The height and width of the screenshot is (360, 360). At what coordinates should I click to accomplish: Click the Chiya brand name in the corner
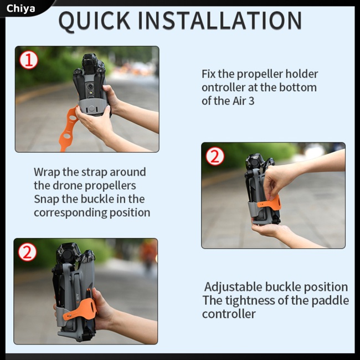point(20,9)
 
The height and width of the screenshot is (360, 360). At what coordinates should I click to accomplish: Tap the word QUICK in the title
point(94,21)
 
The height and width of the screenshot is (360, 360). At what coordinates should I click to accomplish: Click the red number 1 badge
point(29,60)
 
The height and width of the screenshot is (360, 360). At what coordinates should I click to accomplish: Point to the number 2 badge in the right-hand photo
point(215,156)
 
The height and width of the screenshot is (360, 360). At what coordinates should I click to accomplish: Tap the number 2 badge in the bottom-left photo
point(27,252)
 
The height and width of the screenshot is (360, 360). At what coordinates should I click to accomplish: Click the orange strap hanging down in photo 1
point(69,128)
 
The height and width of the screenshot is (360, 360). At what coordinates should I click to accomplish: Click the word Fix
point(209,74)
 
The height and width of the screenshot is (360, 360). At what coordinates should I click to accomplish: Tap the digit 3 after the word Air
point(251,101)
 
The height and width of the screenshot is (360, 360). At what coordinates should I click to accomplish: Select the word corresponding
point(70,213)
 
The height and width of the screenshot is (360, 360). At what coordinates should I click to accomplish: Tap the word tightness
point(250,301)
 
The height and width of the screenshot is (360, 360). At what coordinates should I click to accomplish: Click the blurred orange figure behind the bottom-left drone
point(148,253)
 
